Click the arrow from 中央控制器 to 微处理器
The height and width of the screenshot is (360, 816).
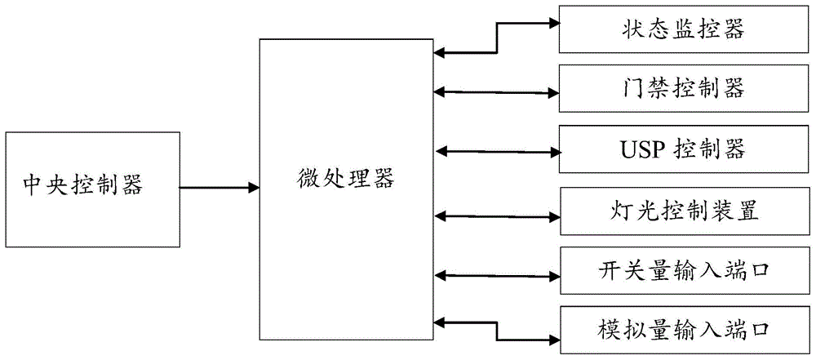[218, 188]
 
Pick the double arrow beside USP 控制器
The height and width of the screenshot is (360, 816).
[496, 150]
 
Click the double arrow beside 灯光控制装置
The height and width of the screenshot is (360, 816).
[496, 216]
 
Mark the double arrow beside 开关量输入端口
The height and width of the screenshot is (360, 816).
[496, 272]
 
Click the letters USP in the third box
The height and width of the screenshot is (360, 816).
[637, 149]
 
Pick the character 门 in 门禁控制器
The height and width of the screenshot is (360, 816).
[630, 86]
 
